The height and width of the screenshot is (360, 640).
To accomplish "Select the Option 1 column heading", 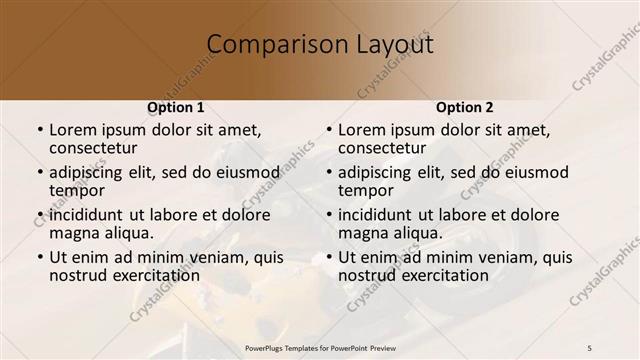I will tap(176, 106).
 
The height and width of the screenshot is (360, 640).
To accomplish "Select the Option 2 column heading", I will tap(465, 106).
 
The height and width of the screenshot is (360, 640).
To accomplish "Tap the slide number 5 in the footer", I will tap(590, 346).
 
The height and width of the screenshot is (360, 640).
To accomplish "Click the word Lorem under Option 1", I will tap(73, 130).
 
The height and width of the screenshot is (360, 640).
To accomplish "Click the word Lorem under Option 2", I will tap(362, 130).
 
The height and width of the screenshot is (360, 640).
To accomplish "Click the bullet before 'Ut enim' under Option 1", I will tap(39, 257).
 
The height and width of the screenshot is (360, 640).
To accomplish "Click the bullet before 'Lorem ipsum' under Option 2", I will tap(328, 131).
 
